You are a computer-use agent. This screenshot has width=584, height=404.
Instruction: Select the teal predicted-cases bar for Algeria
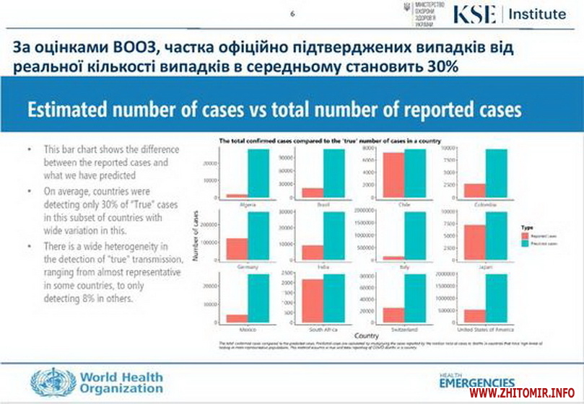pyautogui.click(x=258, y=173)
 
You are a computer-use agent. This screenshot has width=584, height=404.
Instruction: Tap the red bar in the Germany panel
pyautogui.click(x=237, y=249)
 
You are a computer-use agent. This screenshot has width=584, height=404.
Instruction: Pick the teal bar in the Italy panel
pyautogui.click(x=415, y=236)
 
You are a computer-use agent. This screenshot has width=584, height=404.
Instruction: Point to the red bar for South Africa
pyautogui.click(x=313, y=302)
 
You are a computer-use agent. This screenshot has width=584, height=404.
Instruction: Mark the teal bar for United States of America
pyautogui.click(x=496, y=299)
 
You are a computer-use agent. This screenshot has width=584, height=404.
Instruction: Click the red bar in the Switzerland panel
pyautogui.click(x=393, y=315)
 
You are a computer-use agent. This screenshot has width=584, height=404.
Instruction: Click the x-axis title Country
pyautogui.click(x=358, y=336)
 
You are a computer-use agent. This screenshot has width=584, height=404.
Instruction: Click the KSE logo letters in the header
pyautogui.click(x=475, y=14)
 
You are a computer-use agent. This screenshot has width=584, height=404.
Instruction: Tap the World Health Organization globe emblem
pyautogui.click(x=52, y=381)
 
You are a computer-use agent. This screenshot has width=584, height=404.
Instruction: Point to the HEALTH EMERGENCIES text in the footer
pyautogui.click(x=476, y=380)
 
